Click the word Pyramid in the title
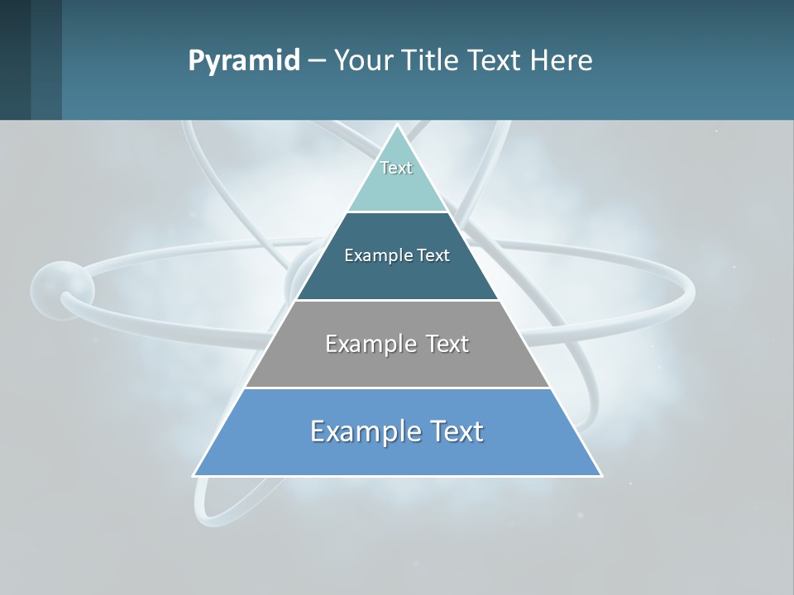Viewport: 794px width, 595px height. coord(244,61)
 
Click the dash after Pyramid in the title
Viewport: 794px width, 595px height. coord(317,61)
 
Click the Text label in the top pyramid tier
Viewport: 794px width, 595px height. coord(396,168)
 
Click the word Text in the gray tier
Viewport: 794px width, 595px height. coord(447,344)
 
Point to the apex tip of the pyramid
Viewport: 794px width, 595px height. coord(397,125)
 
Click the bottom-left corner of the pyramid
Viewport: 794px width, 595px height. coord(194,475)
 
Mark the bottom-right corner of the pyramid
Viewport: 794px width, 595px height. coord(600,475)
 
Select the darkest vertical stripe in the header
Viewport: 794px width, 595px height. coord(15,59)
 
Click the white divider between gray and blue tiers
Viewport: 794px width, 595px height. coord(397,388)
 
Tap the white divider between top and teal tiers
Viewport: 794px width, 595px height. coord(397,212)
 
